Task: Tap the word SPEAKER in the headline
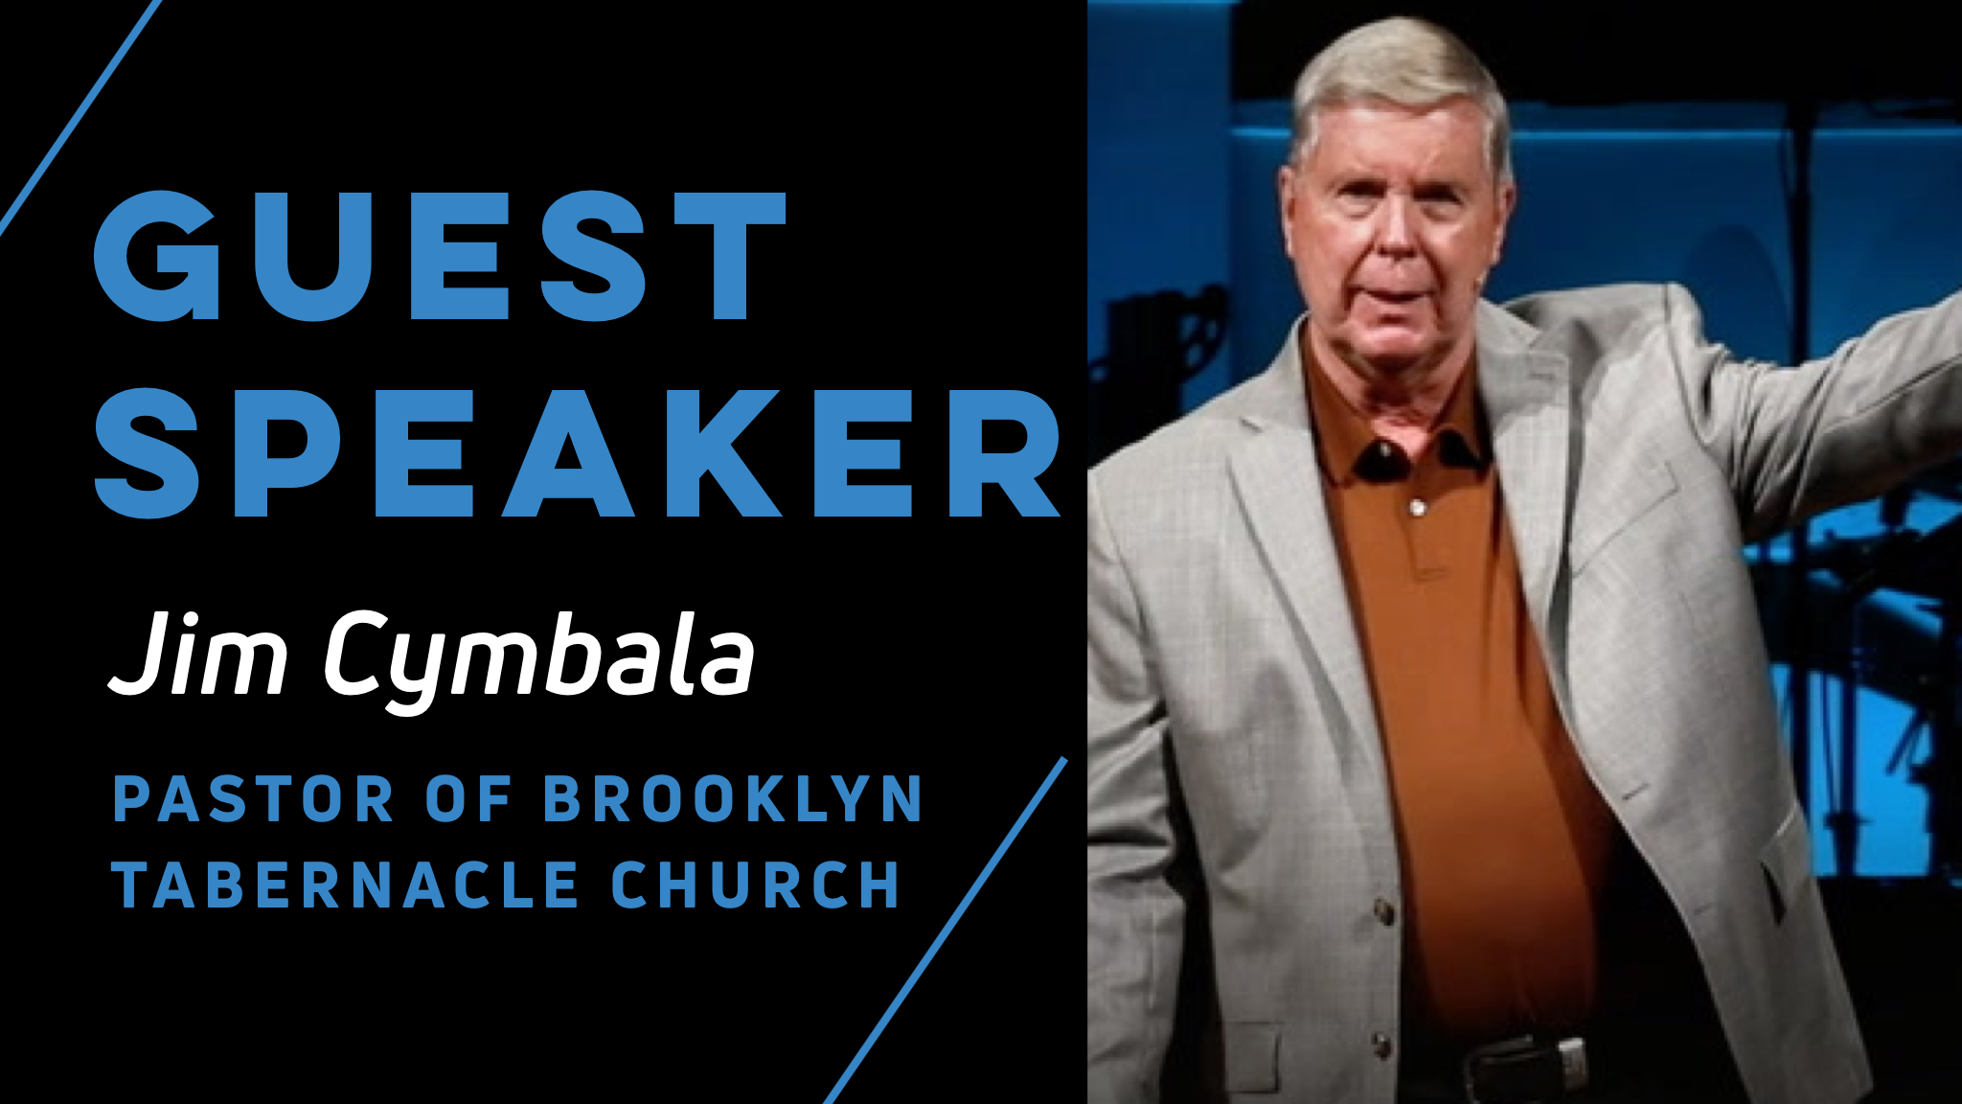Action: pyautogui.click(x=578, y=452)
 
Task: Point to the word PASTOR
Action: pyautogui.click(x=254, y=799)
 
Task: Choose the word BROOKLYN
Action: pyautogui.click(x=732, y=799)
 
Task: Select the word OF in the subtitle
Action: pyautogui.click(x=468, y=799)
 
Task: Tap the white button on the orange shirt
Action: pyautogui.click(x=1418, y=506)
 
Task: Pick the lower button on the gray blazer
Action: pyautogui.click(x=1380, y=1040)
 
